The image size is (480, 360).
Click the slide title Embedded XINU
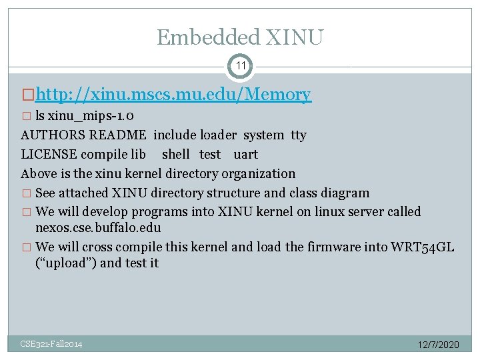coord(240,37)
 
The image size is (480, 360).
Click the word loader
coord(217,135)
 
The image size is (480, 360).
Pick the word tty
coord(299,135)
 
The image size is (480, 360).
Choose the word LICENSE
coord(49,155)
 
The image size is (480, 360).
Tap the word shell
coord(176,155)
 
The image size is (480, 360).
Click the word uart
coord(245,155)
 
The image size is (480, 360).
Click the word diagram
coord(345,193)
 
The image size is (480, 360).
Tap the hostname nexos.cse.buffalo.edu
coord(98,227)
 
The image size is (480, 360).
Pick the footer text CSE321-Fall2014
coord(51,344)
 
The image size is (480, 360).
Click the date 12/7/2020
coord(438,345)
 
